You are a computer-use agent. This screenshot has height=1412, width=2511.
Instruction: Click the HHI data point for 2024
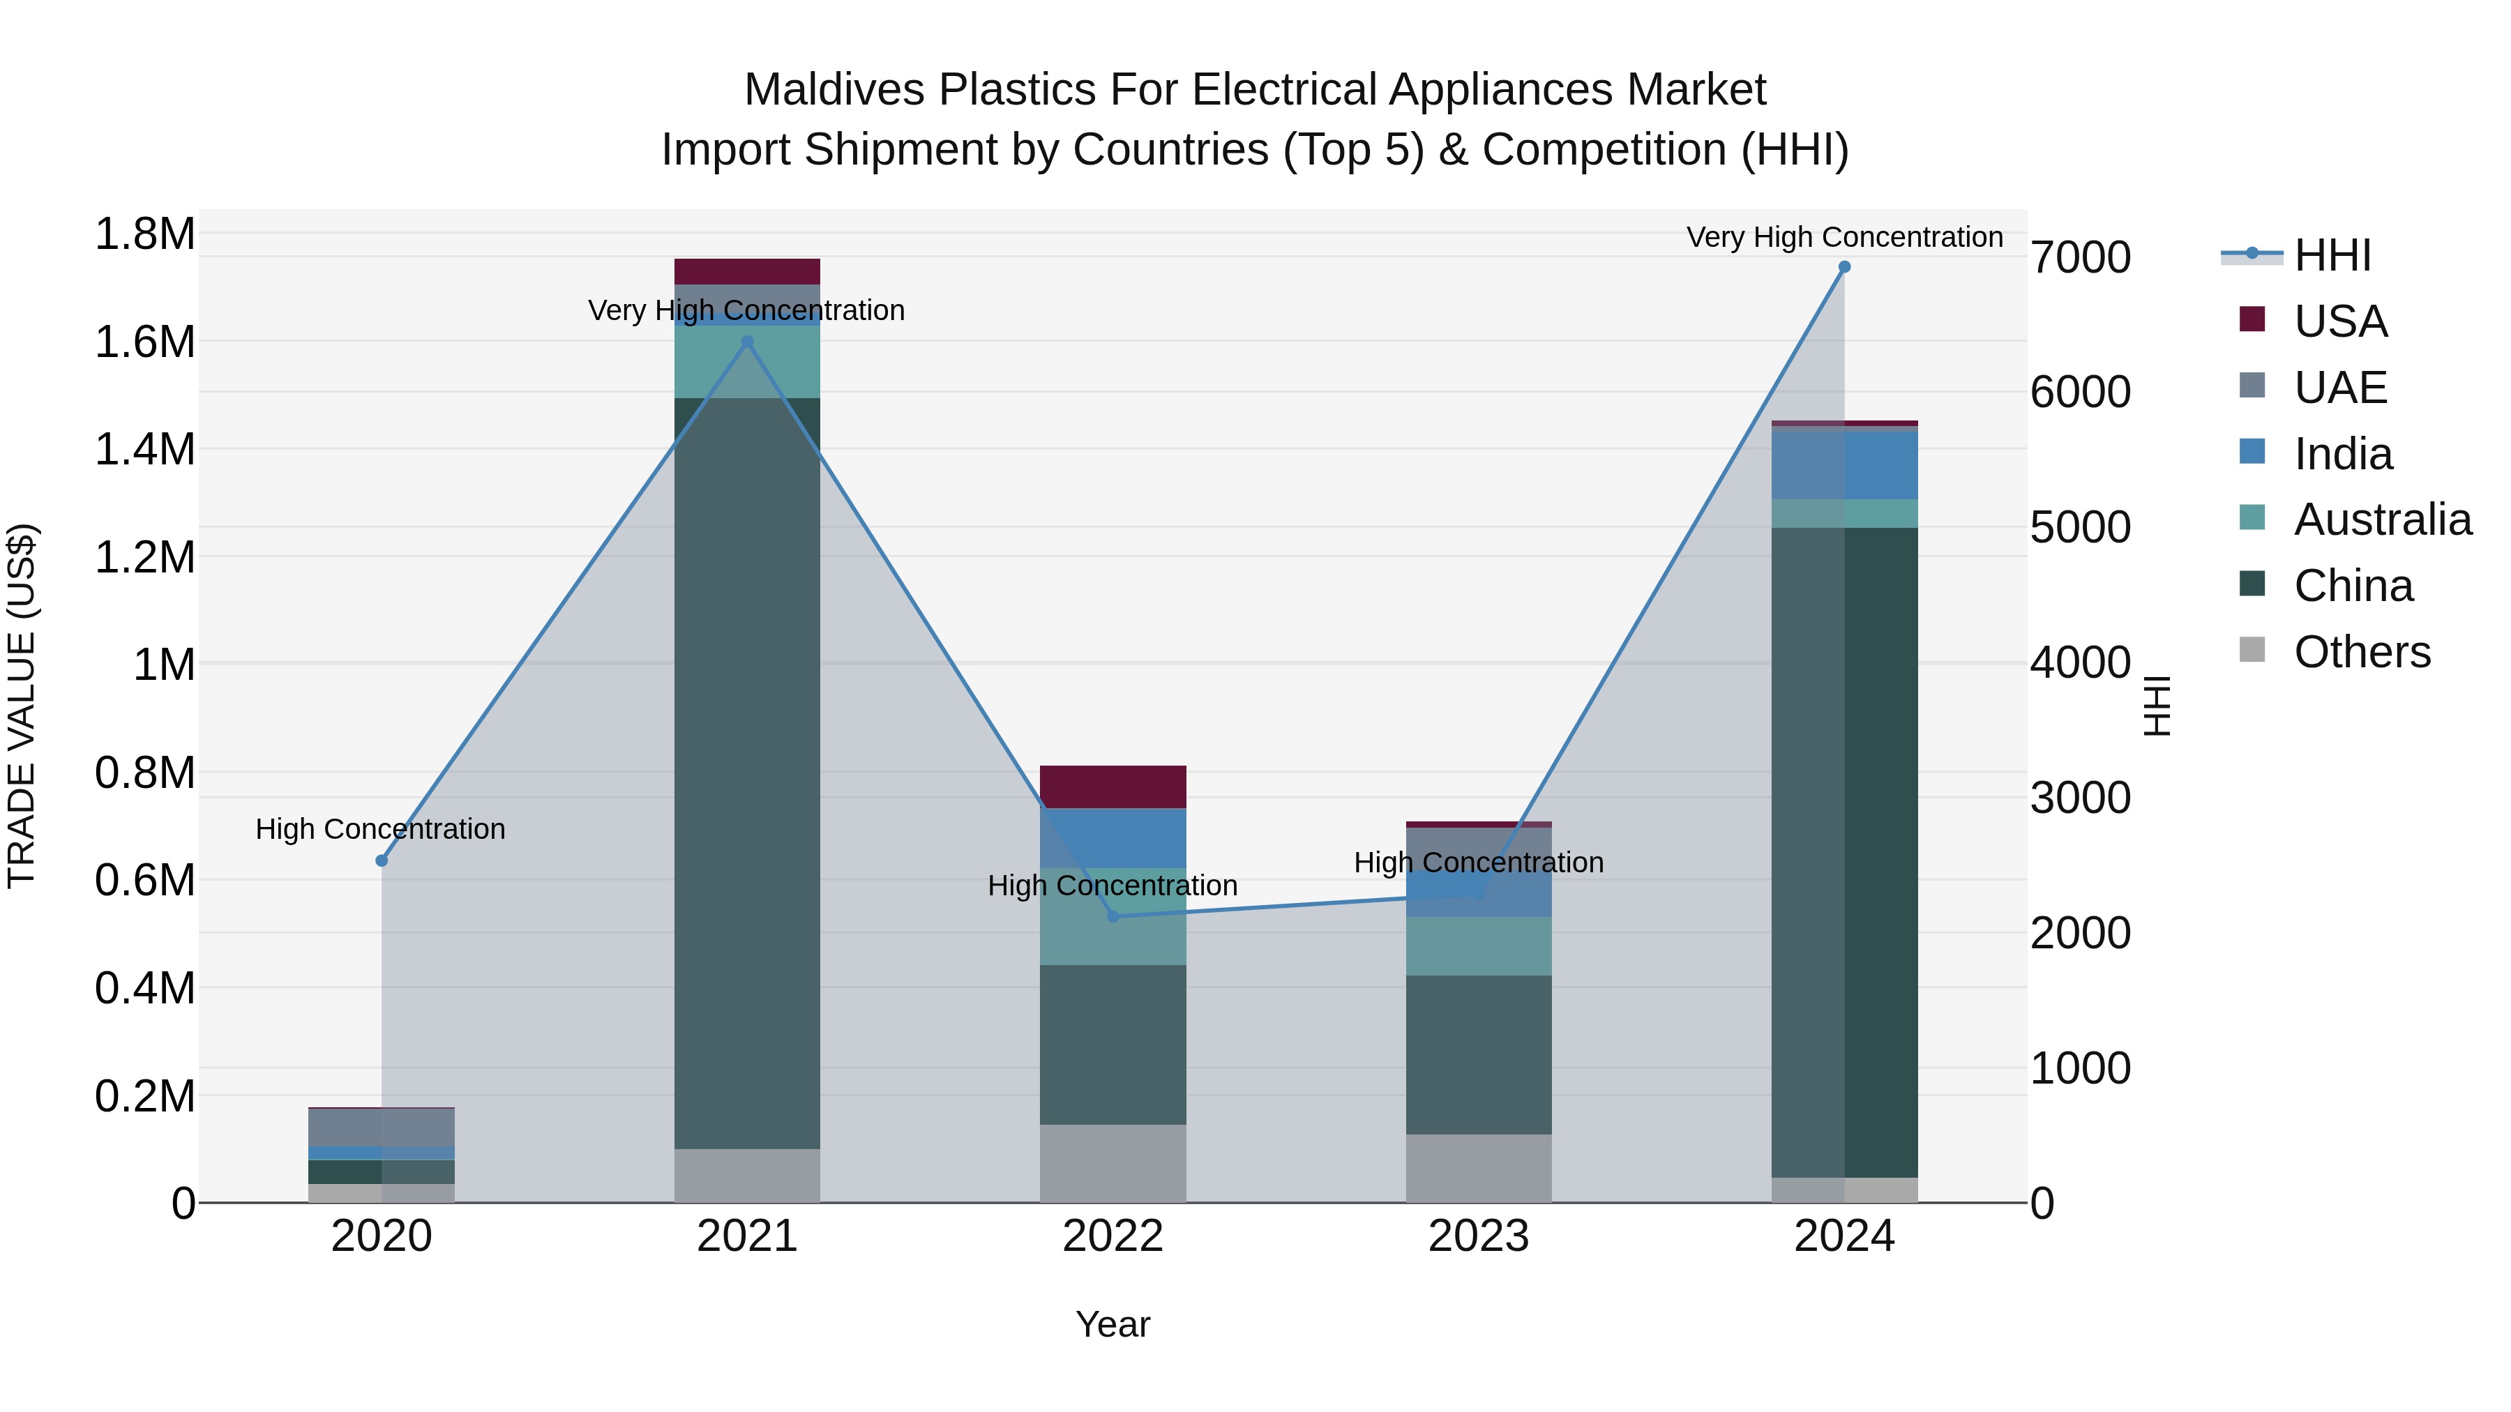click(x=1843, y=267)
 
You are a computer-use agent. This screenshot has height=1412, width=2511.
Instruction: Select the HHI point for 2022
click(x=1113, y=916)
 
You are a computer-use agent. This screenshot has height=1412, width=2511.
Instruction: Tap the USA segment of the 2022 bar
click(x=1113, y=787)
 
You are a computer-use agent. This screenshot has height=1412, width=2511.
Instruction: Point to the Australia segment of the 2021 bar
click(x=746, y=361)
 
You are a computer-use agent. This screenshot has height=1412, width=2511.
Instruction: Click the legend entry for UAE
click(x=2339, y=388)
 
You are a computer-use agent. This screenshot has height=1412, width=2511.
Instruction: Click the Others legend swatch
click(x=2252, y=650)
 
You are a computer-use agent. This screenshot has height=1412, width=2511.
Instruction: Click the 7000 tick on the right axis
click(x=2080, y=258)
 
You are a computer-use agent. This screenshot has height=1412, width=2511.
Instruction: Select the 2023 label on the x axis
click(x=1478, y=1236)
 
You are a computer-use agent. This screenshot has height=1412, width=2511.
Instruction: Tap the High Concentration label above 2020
click(x=380, y=829)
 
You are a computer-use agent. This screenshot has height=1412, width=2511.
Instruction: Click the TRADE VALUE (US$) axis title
click(x=22, y=706)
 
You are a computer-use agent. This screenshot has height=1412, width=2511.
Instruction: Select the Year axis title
click(x=1113, y=1324)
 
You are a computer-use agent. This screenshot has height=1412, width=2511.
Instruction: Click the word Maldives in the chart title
click(x=834, y=90)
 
